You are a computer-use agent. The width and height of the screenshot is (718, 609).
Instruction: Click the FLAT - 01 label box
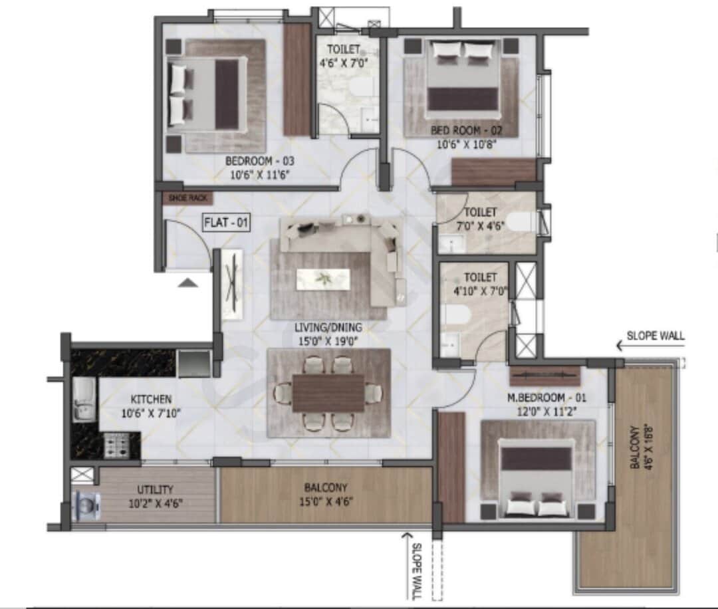coord(226,222)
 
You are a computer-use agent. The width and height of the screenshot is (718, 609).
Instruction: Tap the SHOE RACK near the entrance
coord(188,197)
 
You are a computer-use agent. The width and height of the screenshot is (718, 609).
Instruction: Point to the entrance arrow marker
coord(189,282)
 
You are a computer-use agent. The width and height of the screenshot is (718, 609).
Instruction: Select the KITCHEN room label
coord(151,400)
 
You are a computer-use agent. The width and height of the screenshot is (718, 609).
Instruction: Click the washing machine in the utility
coord(87,505)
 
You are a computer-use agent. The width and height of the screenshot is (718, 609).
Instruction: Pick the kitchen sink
coord(84,400)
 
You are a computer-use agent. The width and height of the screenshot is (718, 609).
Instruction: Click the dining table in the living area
coord(328,393)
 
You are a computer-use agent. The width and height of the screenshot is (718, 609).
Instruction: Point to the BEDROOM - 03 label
coord(259,161)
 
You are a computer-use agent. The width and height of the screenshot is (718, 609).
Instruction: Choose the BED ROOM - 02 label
coord(466,130)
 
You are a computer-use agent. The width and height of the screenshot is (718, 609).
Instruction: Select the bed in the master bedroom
coord(536,476)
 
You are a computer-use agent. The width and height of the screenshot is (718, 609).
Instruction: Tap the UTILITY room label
coord(156,489)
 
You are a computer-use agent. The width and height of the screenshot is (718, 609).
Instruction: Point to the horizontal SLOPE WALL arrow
coord(630,346)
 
